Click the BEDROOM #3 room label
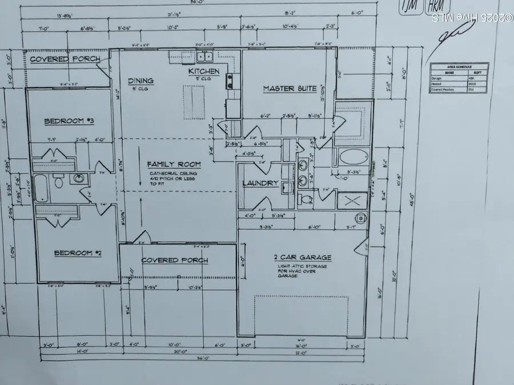pyautogui.click(x=66, y=120)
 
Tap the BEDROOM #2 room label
pyautogui.click(x=78, y=252)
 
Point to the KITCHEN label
pyautogui.click(x=204, y=71)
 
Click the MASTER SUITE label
pyautogui.click(x=290, y=88)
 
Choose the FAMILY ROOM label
pyautogui.click(x=172, y=164)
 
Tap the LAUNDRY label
pyautogui.click(x=260, y=183)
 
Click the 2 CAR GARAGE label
pyautogui.click(x=303, y=257)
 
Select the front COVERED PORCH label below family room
pyautogui.click(x=175, y=260)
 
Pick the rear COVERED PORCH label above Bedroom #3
pyautogui.click(x=65, y=59)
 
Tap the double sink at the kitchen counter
pyautogui.click(x=204, y=56)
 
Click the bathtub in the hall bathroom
pyautogui.click(x=41, y=187)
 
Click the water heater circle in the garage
pyautogui.click(x=362, y=217)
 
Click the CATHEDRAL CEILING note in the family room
pyautogui.click(x=174, y=173)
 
